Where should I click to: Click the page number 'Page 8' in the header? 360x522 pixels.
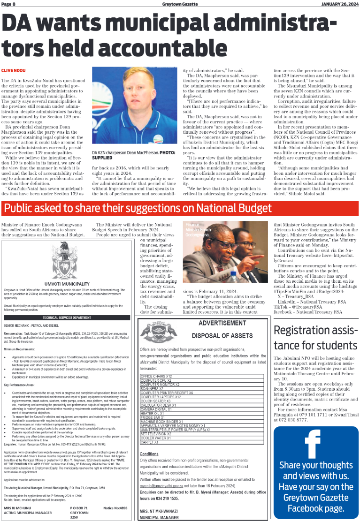(8, 4)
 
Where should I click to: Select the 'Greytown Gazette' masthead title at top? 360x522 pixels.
(179, 4)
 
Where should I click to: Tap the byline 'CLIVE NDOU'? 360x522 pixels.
(13, 70)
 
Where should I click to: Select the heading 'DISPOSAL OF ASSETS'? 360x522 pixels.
(216, 335)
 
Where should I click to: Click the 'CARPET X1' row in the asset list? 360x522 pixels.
(150, 442)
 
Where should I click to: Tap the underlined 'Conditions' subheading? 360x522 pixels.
(149, 454)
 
